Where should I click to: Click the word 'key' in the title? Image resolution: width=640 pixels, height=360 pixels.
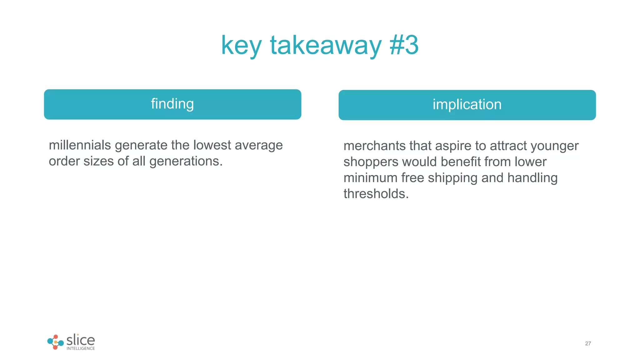241,46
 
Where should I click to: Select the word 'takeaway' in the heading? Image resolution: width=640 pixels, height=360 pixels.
326,46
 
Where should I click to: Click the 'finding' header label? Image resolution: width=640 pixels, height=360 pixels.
172,104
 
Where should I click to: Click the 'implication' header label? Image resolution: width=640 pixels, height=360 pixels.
467,104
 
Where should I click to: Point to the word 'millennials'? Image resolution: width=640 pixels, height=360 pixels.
80,145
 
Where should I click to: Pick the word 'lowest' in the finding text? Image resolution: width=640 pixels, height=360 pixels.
212,145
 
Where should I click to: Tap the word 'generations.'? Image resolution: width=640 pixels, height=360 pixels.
186,161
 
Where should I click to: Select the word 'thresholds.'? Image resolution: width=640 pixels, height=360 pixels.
376,194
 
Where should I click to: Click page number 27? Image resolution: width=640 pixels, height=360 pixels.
588,343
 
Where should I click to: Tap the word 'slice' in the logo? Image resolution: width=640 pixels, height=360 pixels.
81,340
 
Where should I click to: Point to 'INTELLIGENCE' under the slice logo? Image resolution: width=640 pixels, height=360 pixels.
81,348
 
